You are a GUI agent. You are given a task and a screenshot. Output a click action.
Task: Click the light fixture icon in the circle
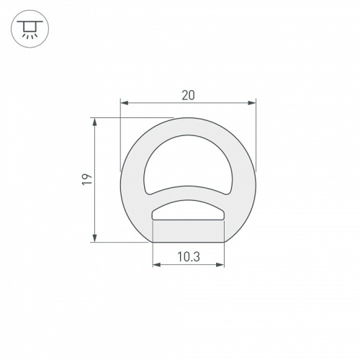(29, 29)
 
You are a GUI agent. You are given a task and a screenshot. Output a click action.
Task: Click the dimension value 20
(189, 94)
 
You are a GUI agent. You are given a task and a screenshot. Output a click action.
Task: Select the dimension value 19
(86, 180)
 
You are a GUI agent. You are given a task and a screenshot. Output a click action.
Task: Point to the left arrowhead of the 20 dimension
(123, 104)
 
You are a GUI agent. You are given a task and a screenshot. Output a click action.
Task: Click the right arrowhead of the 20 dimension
(253, 104)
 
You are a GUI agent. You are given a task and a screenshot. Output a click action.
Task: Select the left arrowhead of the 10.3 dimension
(156, 265)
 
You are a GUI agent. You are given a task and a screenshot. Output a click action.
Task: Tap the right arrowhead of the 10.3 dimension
(221, 265)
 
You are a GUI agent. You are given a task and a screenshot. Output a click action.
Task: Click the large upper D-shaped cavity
(189, 162)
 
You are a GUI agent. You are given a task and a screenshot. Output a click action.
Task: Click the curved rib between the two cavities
(189, 193)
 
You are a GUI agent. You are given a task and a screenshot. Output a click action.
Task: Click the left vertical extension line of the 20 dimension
(120, 137)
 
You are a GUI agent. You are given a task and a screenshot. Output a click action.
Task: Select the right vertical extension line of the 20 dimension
(256, 137)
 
